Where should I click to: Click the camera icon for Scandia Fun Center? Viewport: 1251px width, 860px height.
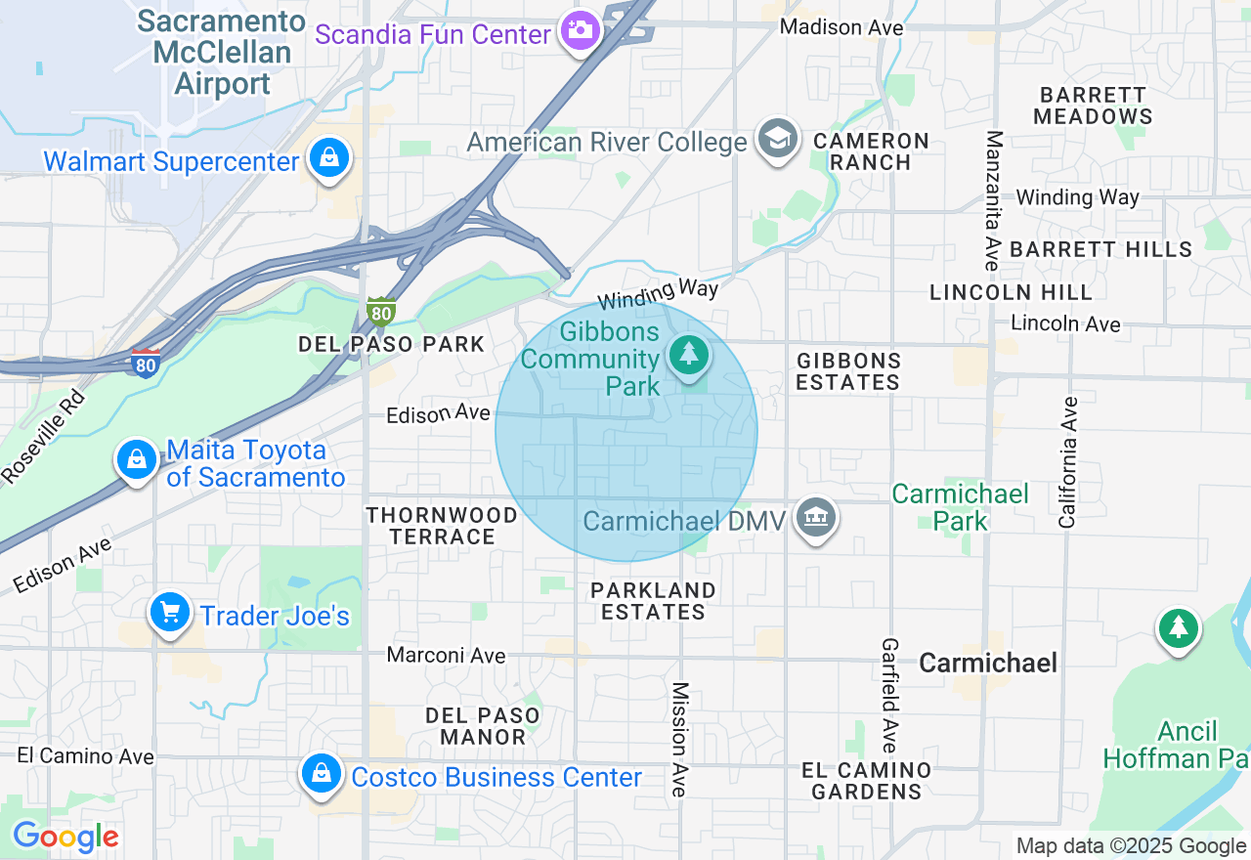click(581, 30)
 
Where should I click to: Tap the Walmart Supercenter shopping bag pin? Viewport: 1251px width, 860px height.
click(329, 157)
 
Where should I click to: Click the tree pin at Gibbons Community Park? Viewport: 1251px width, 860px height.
click(690, 353)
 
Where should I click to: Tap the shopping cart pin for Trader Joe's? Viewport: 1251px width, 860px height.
click(170, 613)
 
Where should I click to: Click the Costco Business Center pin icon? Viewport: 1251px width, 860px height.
click(321, 774)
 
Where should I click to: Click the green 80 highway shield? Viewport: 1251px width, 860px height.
click(382, 313)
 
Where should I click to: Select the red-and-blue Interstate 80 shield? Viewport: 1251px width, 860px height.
click(146, 363)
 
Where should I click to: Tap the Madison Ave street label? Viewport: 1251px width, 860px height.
click(841, 27)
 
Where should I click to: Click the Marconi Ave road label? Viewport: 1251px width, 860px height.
click(446, 655)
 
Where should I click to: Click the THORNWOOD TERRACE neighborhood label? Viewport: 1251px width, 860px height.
click(443, 525)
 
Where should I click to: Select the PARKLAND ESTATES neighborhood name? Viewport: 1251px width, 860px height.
click(653, 601)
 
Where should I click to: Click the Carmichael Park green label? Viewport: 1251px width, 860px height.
click(960, 506)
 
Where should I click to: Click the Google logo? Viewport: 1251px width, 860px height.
click(65, 838)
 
